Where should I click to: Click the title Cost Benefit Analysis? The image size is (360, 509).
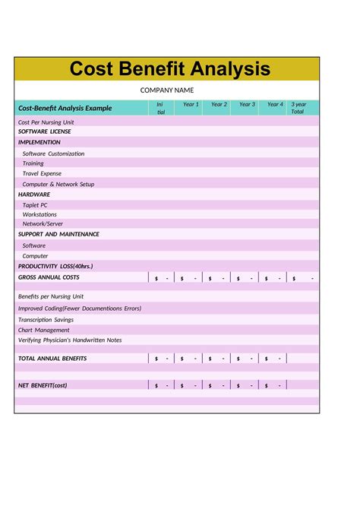click(x=169, y=69)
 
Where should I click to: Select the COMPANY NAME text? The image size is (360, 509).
click(x=167, y=90)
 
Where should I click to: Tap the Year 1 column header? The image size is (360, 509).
click(x=191, y=105)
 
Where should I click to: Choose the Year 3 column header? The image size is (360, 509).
click(x=247, y=105)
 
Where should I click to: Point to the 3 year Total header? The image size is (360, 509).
click(x=298, y=108)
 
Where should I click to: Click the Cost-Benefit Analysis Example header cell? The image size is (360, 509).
click(x=65, y=108)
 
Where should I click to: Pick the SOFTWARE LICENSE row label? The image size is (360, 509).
click(x=44, y=131)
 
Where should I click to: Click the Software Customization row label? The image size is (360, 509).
click(x=53, y=153)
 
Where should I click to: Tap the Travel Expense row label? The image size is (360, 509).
click(x=42, y=173)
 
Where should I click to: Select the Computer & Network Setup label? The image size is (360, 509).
click(x=58, y=184)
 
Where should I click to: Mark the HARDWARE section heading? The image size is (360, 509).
click(x=34, y=194)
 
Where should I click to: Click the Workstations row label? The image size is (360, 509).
click(x=39, y=214)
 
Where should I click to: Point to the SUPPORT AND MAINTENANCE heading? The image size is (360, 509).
click(x=58, y=234)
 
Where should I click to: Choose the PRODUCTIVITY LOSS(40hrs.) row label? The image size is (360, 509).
click(x=55, y=267)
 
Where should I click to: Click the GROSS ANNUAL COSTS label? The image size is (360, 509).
click(x=48, y=278)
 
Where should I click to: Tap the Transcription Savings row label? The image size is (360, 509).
click(x=46, y=320)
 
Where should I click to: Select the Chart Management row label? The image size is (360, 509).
click(x=43, y=330)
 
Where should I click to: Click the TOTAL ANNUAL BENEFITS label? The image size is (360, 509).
click(x=52, y=358)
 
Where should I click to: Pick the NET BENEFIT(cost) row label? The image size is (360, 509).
click(x=43, y=385)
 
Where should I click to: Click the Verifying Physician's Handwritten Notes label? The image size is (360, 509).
click(x=70, y=340)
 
